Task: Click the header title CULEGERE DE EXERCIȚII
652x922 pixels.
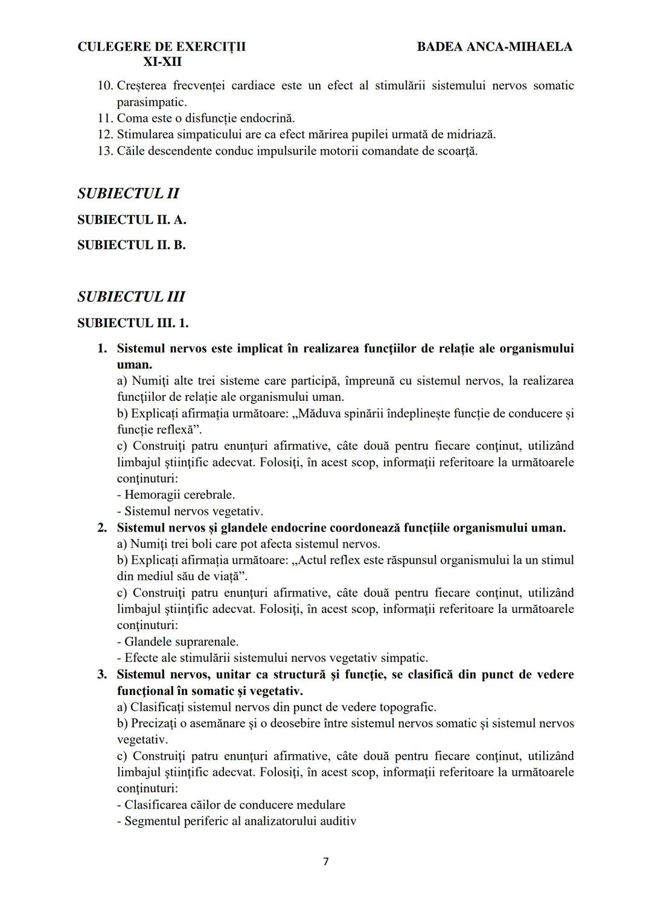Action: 161,46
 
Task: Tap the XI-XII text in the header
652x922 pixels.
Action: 162,62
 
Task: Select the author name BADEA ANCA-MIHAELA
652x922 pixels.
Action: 494,46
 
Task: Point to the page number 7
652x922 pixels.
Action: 326,862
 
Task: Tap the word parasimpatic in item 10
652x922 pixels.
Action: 151,101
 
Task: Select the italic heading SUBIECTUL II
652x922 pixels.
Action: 128,194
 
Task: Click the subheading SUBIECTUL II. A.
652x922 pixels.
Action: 132,220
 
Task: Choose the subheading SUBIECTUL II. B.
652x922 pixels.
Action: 131,245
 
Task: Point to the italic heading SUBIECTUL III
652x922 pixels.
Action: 131,297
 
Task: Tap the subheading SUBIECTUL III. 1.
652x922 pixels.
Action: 133,323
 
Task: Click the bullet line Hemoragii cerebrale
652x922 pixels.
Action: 176,495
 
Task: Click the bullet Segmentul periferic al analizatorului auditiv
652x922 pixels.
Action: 237,821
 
